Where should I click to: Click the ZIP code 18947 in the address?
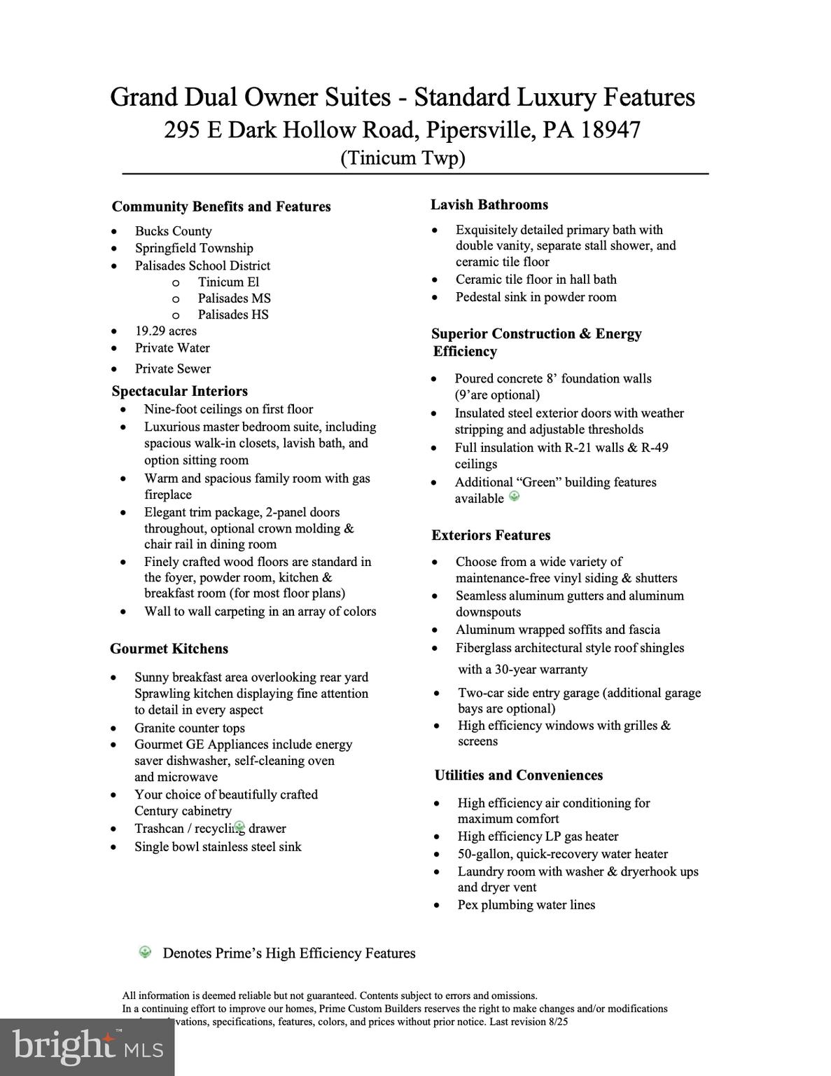click(610, 130)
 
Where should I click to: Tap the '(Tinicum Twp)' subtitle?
click(403, 158)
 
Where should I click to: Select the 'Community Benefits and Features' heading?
click(221, 207)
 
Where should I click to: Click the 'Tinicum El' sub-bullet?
click(228, 282)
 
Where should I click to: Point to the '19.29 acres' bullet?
click(166, 331)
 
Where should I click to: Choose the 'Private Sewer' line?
click(173, 368)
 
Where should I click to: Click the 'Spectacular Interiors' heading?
click(180, 391)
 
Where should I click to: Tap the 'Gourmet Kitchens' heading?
click(169, 649)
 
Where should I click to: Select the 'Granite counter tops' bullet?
click(190, 728)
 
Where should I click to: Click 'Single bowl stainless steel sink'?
click(218, 846)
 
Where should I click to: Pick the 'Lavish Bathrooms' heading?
click(489, 205)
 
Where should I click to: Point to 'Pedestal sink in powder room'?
click(536, 297)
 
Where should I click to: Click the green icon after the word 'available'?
click(515, 497)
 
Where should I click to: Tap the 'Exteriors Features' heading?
click(491, 535)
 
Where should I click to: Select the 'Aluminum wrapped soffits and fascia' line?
click(558, 630)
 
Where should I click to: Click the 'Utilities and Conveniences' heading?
click(519, 775)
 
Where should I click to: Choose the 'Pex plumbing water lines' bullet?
click(526, 904)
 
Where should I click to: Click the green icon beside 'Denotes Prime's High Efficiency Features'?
click(145, 952)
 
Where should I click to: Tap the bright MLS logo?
click(88, 1047)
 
